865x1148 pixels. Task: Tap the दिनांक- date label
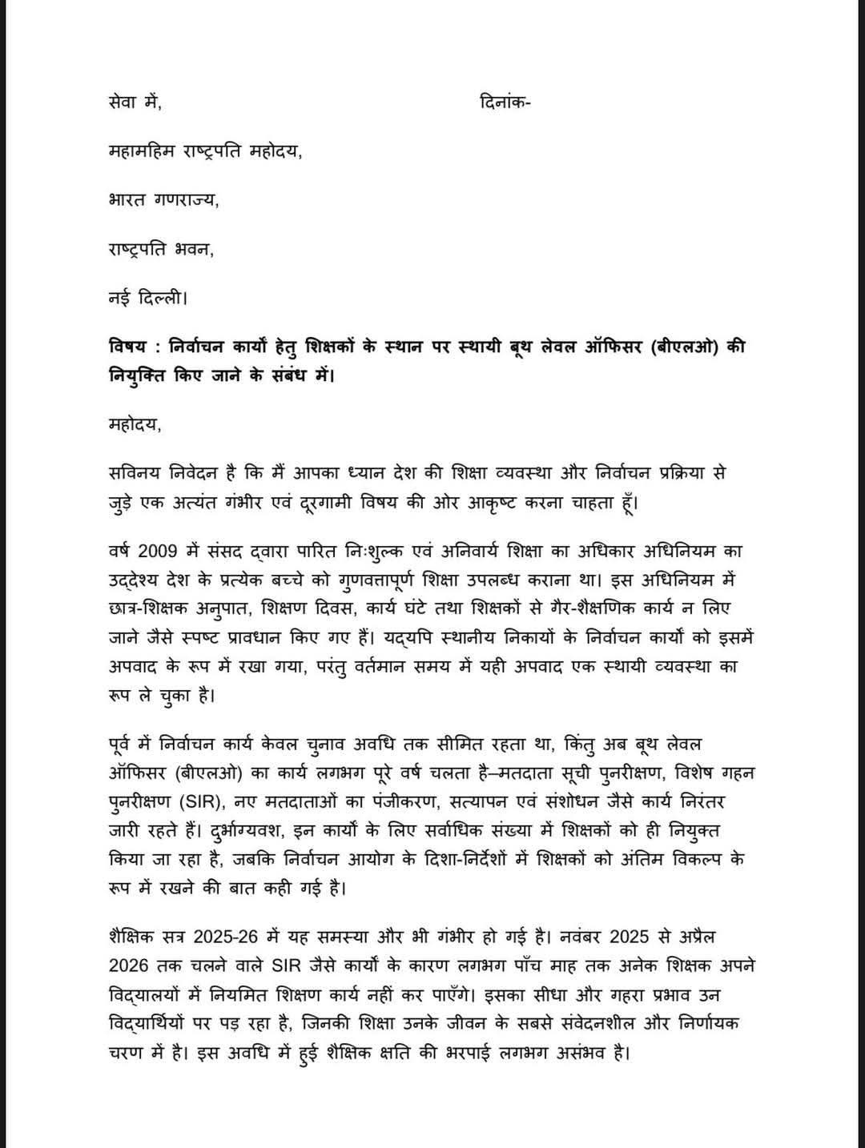pos(504,102)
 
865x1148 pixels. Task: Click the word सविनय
pos(137,473)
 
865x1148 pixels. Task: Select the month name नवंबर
pos(571,937)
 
